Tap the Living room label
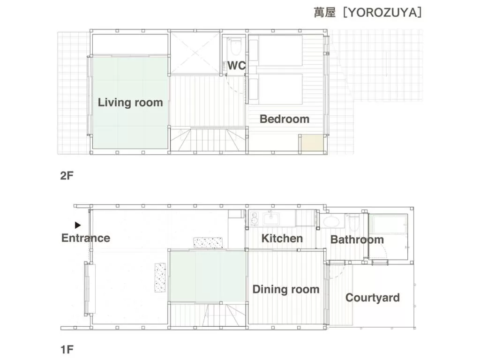coord(130,102)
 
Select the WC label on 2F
coord(237,66)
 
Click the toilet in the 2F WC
coord(235,47)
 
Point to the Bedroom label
coord(285,119)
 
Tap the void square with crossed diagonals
coord(195,53)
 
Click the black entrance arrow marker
coord(78,225)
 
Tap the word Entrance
coord(86,238)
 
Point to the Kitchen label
coord(282,238)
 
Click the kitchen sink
coord(271,218)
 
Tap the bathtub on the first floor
coord(388,224)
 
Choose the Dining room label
coord(286,289)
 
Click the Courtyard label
coord(373,298)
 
